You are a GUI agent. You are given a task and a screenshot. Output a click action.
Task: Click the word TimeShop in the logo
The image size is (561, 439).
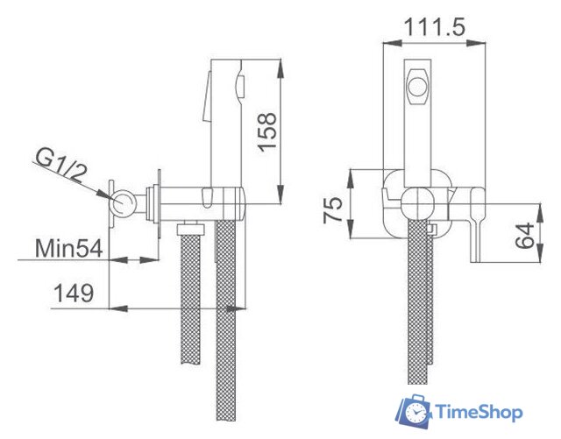479,412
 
